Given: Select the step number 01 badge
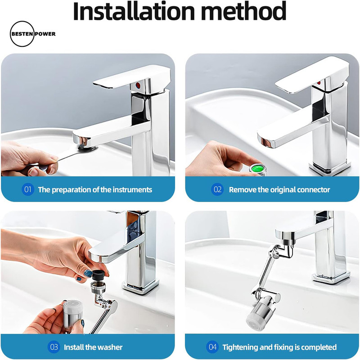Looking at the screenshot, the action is (x=28, y=189).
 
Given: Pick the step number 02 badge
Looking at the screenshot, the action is (x=217, y=189).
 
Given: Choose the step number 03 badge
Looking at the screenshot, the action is (x=54, y=346).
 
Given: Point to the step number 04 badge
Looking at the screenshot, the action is (x=212, y=346).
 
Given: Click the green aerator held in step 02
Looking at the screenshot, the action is (x=257, y=169).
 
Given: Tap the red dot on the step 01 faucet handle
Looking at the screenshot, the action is (x=138, y=85).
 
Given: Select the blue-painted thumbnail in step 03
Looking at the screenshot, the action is (x=88, y=273).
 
